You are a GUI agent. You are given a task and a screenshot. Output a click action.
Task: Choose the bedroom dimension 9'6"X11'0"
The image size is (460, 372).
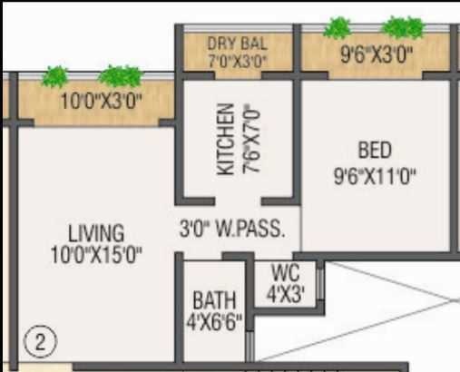coord(375,174)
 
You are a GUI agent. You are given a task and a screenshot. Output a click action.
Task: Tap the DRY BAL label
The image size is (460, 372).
coord(237,44)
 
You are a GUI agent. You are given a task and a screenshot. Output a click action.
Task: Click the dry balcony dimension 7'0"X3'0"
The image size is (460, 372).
coord(237,61)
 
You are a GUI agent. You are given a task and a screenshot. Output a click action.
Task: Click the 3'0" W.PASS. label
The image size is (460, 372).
coord(232,228)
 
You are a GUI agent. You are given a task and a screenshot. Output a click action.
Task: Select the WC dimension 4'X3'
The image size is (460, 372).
coord(286,293)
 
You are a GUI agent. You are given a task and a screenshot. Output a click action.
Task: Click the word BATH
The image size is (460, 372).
coord(215,300)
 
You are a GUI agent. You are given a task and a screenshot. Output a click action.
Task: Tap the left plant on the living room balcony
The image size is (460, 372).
coord(55,76)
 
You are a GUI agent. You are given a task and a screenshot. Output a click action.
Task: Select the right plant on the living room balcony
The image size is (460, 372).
coord(120,77)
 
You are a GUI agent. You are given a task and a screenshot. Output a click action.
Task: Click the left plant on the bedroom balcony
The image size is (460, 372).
coord(338,27)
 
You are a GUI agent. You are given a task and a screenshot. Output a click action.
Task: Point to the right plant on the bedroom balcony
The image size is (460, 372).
coord(402,27)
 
